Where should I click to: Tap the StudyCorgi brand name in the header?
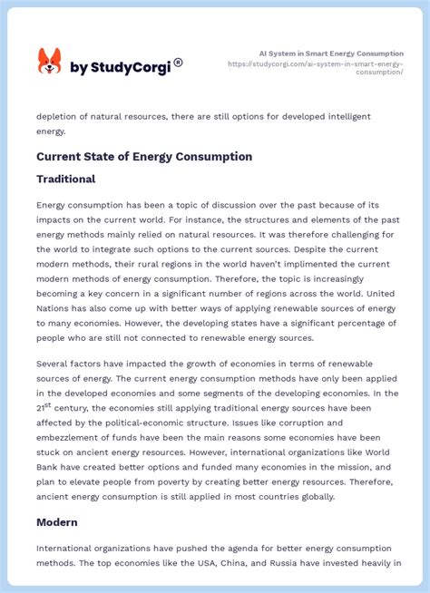coord(123,67)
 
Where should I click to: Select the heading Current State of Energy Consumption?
coord(144,157)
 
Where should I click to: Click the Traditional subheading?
coord(66,180)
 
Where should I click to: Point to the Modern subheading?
coord(57,522)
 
